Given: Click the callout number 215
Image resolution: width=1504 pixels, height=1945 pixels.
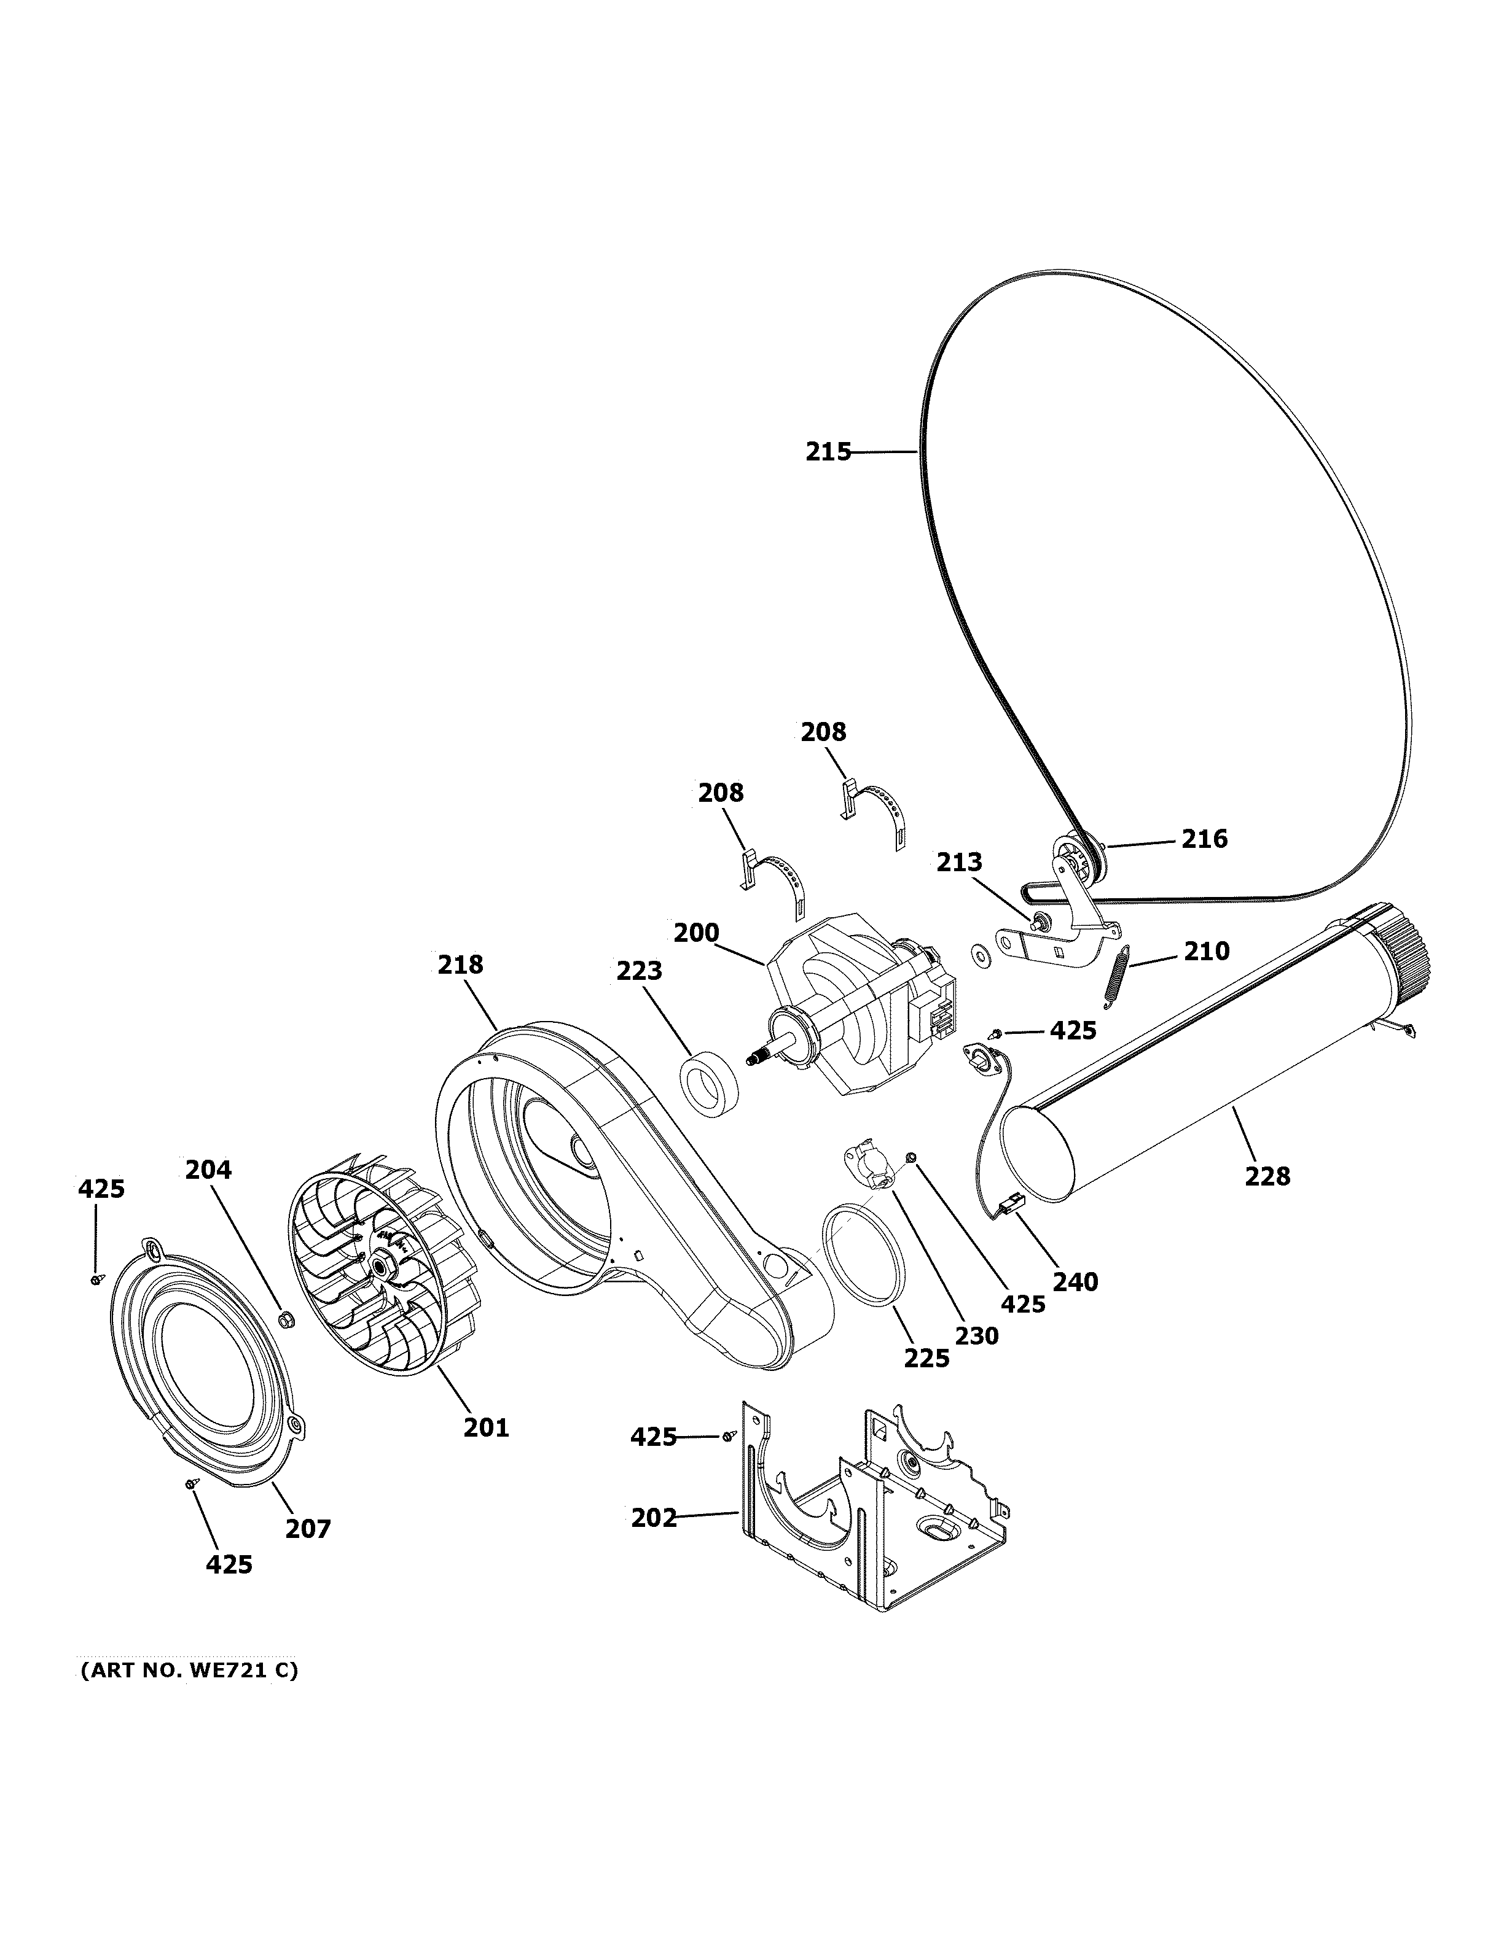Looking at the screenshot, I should point(828,452).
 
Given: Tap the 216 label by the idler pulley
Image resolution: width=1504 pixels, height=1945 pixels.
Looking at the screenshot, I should point(1204,839).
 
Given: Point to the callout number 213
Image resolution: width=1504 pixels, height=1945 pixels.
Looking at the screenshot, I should point(958,862).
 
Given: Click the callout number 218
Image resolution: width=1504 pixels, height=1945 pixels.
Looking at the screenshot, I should point(461,965).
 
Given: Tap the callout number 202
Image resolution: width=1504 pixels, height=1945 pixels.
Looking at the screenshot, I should point(654,1518).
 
